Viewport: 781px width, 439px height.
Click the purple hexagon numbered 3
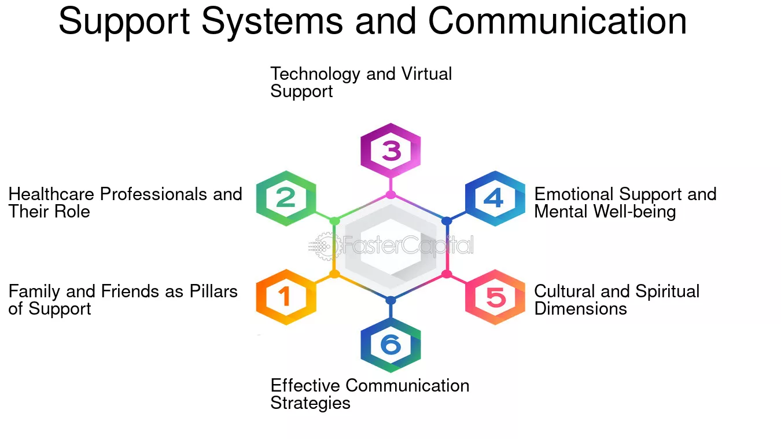point(390,150)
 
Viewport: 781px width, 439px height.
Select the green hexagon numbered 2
point(286,198)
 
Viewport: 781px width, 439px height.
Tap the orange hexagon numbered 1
point(286,297)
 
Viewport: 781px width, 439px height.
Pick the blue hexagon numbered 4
point(495,198)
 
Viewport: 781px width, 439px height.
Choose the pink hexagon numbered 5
point(495,297)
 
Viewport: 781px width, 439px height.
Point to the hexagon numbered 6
point(390,345)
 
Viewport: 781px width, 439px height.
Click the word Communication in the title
point(557,21)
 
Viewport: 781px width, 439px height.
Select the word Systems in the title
point(272,23)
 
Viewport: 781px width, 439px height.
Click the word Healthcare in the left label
point(51,194)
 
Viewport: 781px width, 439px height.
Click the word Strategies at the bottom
point(310,404)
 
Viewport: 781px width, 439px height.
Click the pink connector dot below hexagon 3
point(390,195)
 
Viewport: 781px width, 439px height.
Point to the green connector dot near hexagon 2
point(334,221)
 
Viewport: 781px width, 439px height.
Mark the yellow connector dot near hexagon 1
point(334,274)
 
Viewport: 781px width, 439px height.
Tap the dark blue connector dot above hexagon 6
point(390,300)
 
